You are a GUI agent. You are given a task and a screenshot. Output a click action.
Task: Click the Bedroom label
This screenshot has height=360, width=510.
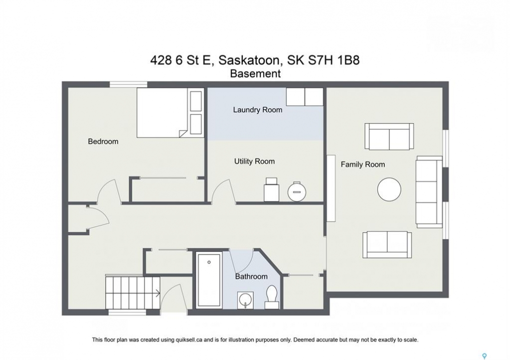click(103, 141)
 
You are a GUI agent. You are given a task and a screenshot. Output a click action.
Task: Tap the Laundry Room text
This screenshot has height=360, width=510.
click(258, 110)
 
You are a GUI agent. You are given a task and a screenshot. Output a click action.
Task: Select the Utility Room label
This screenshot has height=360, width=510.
click(254, 161)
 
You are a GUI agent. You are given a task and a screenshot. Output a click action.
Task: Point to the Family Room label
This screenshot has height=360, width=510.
click(363, 164)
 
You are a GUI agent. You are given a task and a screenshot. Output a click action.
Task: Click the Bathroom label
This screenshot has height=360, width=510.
click(251, 276)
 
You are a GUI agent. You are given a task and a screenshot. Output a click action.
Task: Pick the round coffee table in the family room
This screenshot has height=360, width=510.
click(389, 189)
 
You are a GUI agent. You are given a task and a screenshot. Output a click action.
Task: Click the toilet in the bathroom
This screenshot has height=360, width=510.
click(272, 296)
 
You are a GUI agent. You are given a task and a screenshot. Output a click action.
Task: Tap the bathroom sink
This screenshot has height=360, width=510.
click(245, 300)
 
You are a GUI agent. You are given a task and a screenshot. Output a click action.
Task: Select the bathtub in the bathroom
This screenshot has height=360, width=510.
click(209, 280)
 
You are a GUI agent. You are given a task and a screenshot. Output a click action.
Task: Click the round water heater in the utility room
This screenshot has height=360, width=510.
click(297, 191)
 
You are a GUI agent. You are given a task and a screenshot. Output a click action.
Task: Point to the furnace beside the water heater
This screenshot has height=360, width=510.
click(271, 189)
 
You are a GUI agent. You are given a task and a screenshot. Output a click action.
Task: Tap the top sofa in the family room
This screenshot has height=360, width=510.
click(389, 136)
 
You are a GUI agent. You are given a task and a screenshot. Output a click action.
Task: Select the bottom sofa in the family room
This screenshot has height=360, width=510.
click(387, 244)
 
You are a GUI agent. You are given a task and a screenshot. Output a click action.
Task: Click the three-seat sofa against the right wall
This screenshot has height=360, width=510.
click(429, 191)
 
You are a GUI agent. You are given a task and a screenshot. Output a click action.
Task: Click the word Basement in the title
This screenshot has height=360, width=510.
click(255, 74)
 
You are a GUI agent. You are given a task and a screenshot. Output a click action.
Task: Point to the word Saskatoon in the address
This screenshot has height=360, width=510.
click(249, 60)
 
